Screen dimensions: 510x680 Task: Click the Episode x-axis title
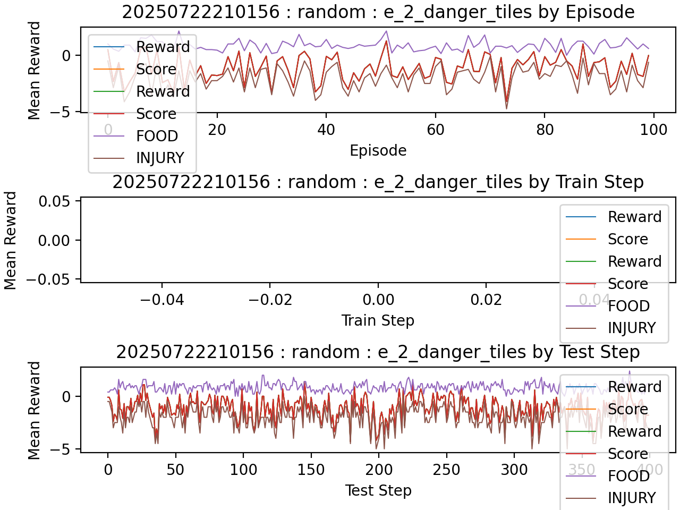coord(378,151)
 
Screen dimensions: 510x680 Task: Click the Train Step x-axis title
coord(378,321)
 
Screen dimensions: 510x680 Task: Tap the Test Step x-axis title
coord(378,491)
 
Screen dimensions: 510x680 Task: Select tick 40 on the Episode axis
coord(326,130)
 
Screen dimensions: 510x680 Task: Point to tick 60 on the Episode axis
coord(436,130)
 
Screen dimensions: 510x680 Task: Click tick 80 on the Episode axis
coord(545,130)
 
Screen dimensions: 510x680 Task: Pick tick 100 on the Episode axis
coord(653,130)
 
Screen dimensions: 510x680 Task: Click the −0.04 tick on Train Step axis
coord(161,300)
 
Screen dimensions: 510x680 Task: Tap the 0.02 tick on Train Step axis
coord(486,300)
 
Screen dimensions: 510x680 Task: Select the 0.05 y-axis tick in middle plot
coord(54,201)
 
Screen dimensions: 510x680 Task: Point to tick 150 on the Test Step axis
coord(311,470)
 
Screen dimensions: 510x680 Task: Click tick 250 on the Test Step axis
coord(446,470)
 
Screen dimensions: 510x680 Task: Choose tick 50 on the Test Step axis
coord(175,470)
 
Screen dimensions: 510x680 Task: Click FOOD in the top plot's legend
coord(157,136)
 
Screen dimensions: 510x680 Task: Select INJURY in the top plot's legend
coord(160,158)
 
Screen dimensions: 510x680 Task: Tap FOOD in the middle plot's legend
coord(628,306)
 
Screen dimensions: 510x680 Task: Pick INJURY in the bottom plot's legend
coord(632,498)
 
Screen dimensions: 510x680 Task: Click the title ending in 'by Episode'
coord(378,12)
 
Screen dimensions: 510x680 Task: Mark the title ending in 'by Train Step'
coord(378,182)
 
